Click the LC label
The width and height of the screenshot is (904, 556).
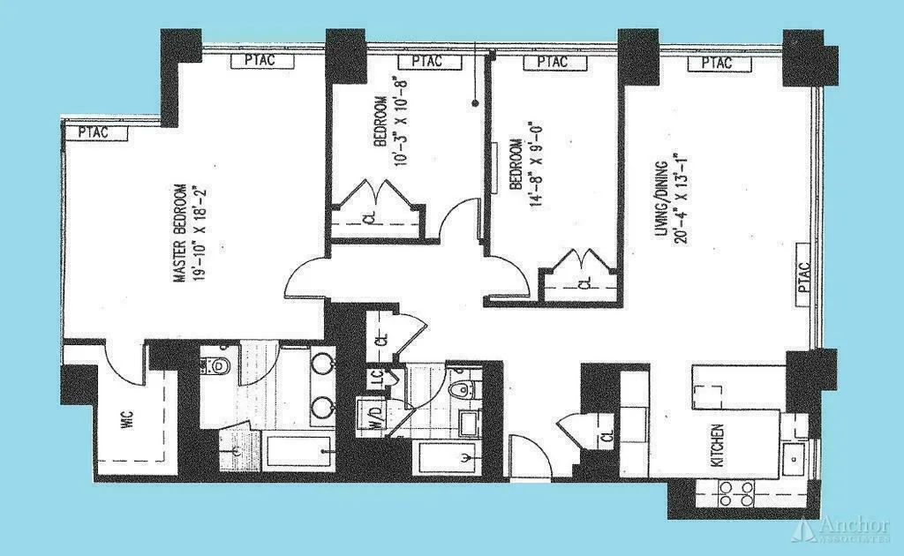[377, 377]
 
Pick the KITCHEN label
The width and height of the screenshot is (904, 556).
[718, 447]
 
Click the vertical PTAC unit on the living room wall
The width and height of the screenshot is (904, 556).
[803, 274]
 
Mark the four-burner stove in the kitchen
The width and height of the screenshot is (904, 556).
[735, 493]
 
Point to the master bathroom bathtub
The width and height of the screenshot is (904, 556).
[298, 453]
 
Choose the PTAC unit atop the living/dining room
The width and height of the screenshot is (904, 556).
[717, 64]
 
